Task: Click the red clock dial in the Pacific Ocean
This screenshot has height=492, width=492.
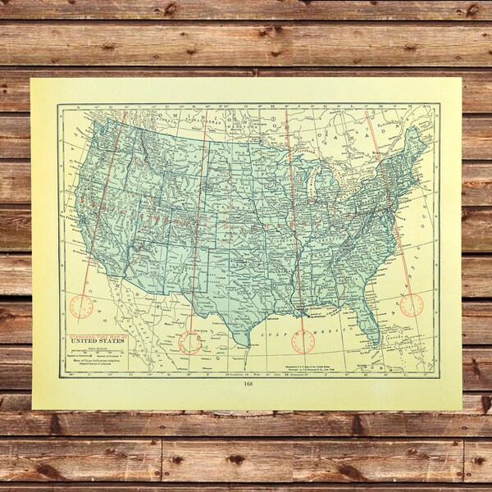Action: [81, 306]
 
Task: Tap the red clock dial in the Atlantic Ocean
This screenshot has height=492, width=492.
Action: [412, 305]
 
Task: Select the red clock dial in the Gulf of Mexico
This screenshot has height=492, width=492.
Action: [303, 341]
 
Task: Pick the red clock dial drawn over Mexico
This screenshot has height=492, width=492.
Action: [190, 342]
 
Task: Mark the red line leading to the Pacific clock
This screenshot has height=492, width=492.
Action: [102, 213]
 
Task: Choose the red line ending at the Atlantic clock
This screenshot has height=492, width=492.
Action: [389, 205]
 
